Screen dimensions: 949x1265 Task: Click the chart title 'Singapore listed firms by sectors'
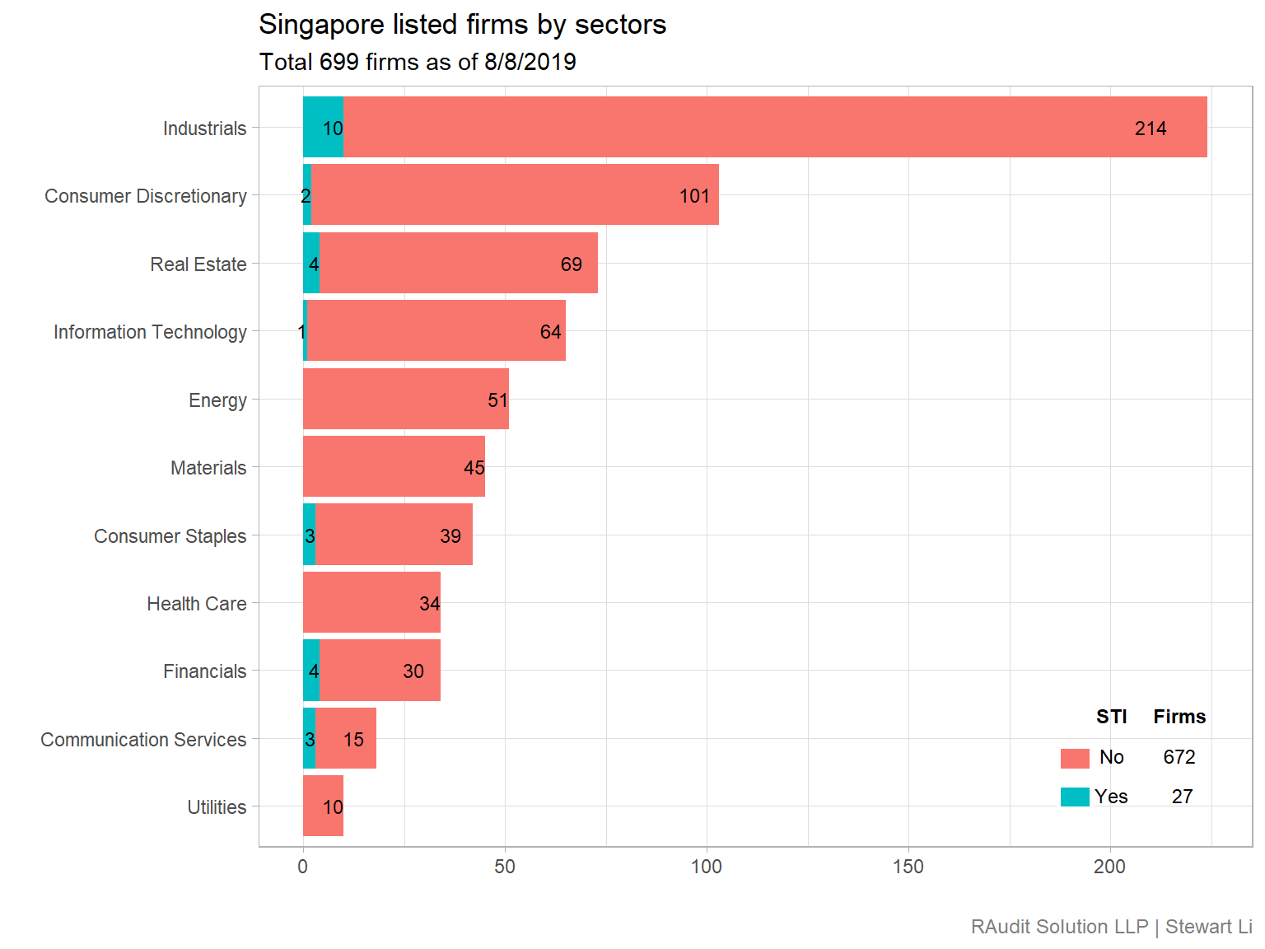click(462, 25)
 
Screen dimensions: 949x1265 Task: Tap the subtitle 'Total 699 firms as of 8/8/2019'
click(418, 63)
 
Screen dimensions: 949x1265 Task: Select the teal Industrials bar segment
click(317, 127)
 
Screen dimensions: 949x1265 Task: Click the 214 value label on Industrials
click(1150, 129)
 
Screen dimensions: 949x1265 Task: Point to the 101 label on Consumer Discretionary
click(694, 196)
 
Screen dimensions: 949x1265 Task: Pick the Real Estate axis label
click(198, 264)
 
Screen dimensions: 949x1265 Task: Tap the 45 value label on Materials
click(474, 468)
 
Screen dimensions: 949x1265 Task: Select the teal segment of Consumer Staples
click(309, 535)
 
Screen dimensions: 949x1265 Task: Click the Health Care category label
click(197, 604)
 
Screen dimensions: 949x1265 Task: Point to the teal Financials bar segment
click(310, 671)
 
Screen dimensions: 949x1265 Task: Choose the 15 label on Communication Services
click(353, 740)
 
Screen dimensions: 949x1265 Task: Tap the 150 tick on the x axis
click(908, 867)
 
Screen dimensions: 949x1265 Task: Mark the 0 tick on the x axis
click(303, 867)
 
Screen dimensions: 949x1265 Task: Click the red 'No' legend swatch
click(1075, 758)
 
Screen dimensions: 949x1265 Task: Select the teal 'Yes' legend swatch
click(1075, 797)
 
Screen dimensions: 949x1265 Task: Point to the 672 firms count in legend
click(1179, 757)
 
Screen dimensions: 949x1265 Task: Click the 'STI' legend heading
click(1111, 717)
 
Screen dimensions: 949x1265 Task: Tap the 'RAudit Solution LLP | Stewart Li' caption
click(1110, 927)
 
